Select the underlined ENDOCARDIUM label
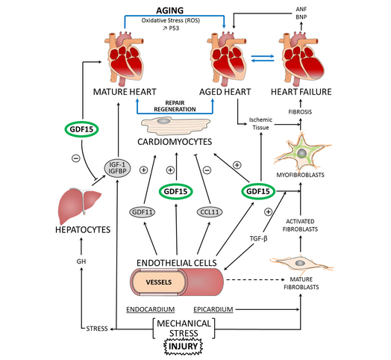pos(149,308)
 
